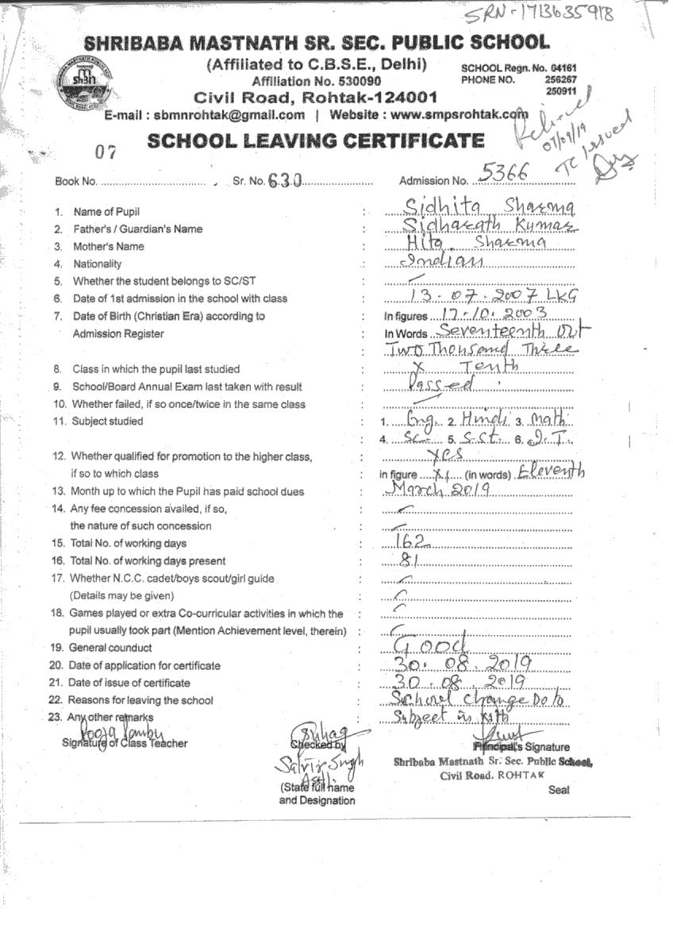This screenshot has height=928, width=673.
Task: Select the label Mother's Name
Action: pyautogui.click(x=109, y=246)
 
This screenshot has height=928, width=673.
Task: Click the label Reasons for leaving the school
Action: pyautogui.click(x=140, y=700)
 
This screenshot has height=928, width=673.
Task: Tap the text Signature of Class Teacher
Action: pyautogui.click(x=125, y=743)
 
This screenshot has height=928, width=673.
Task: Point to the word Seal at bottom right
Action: pyautogui.click(x=559, y=790)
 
